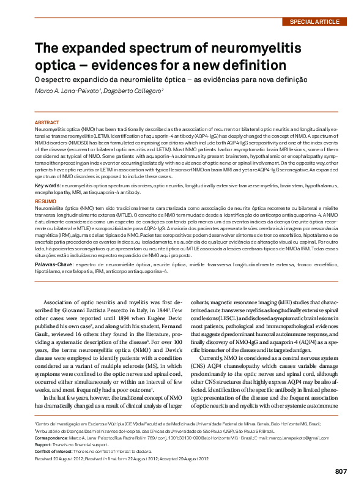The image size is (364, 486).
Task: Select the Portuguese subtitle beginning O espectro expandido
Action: coord(170,79)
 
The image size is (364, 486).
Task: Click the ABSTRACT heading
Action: coord(47,122)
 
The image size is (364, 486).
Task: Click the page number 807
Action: coord(341,471)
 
